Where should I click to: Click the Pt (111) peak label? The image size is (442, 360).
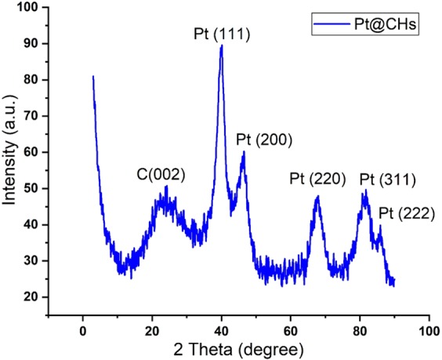coord(222,35)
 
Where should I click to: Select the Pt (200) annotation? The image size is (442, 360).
coord(264,140)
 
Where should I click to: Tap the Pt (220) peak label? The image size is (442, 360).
coord(317,179)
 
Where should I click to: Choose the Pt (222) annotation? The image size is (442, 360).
coord(406,213)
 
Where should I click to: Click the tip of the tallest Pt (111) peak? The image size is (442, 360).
coord(222,45)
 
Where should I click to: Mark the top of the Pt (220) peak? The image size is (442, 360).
coord(317,196)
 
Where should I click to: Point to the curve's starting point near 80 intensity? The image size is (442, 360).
coord(93,77)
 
